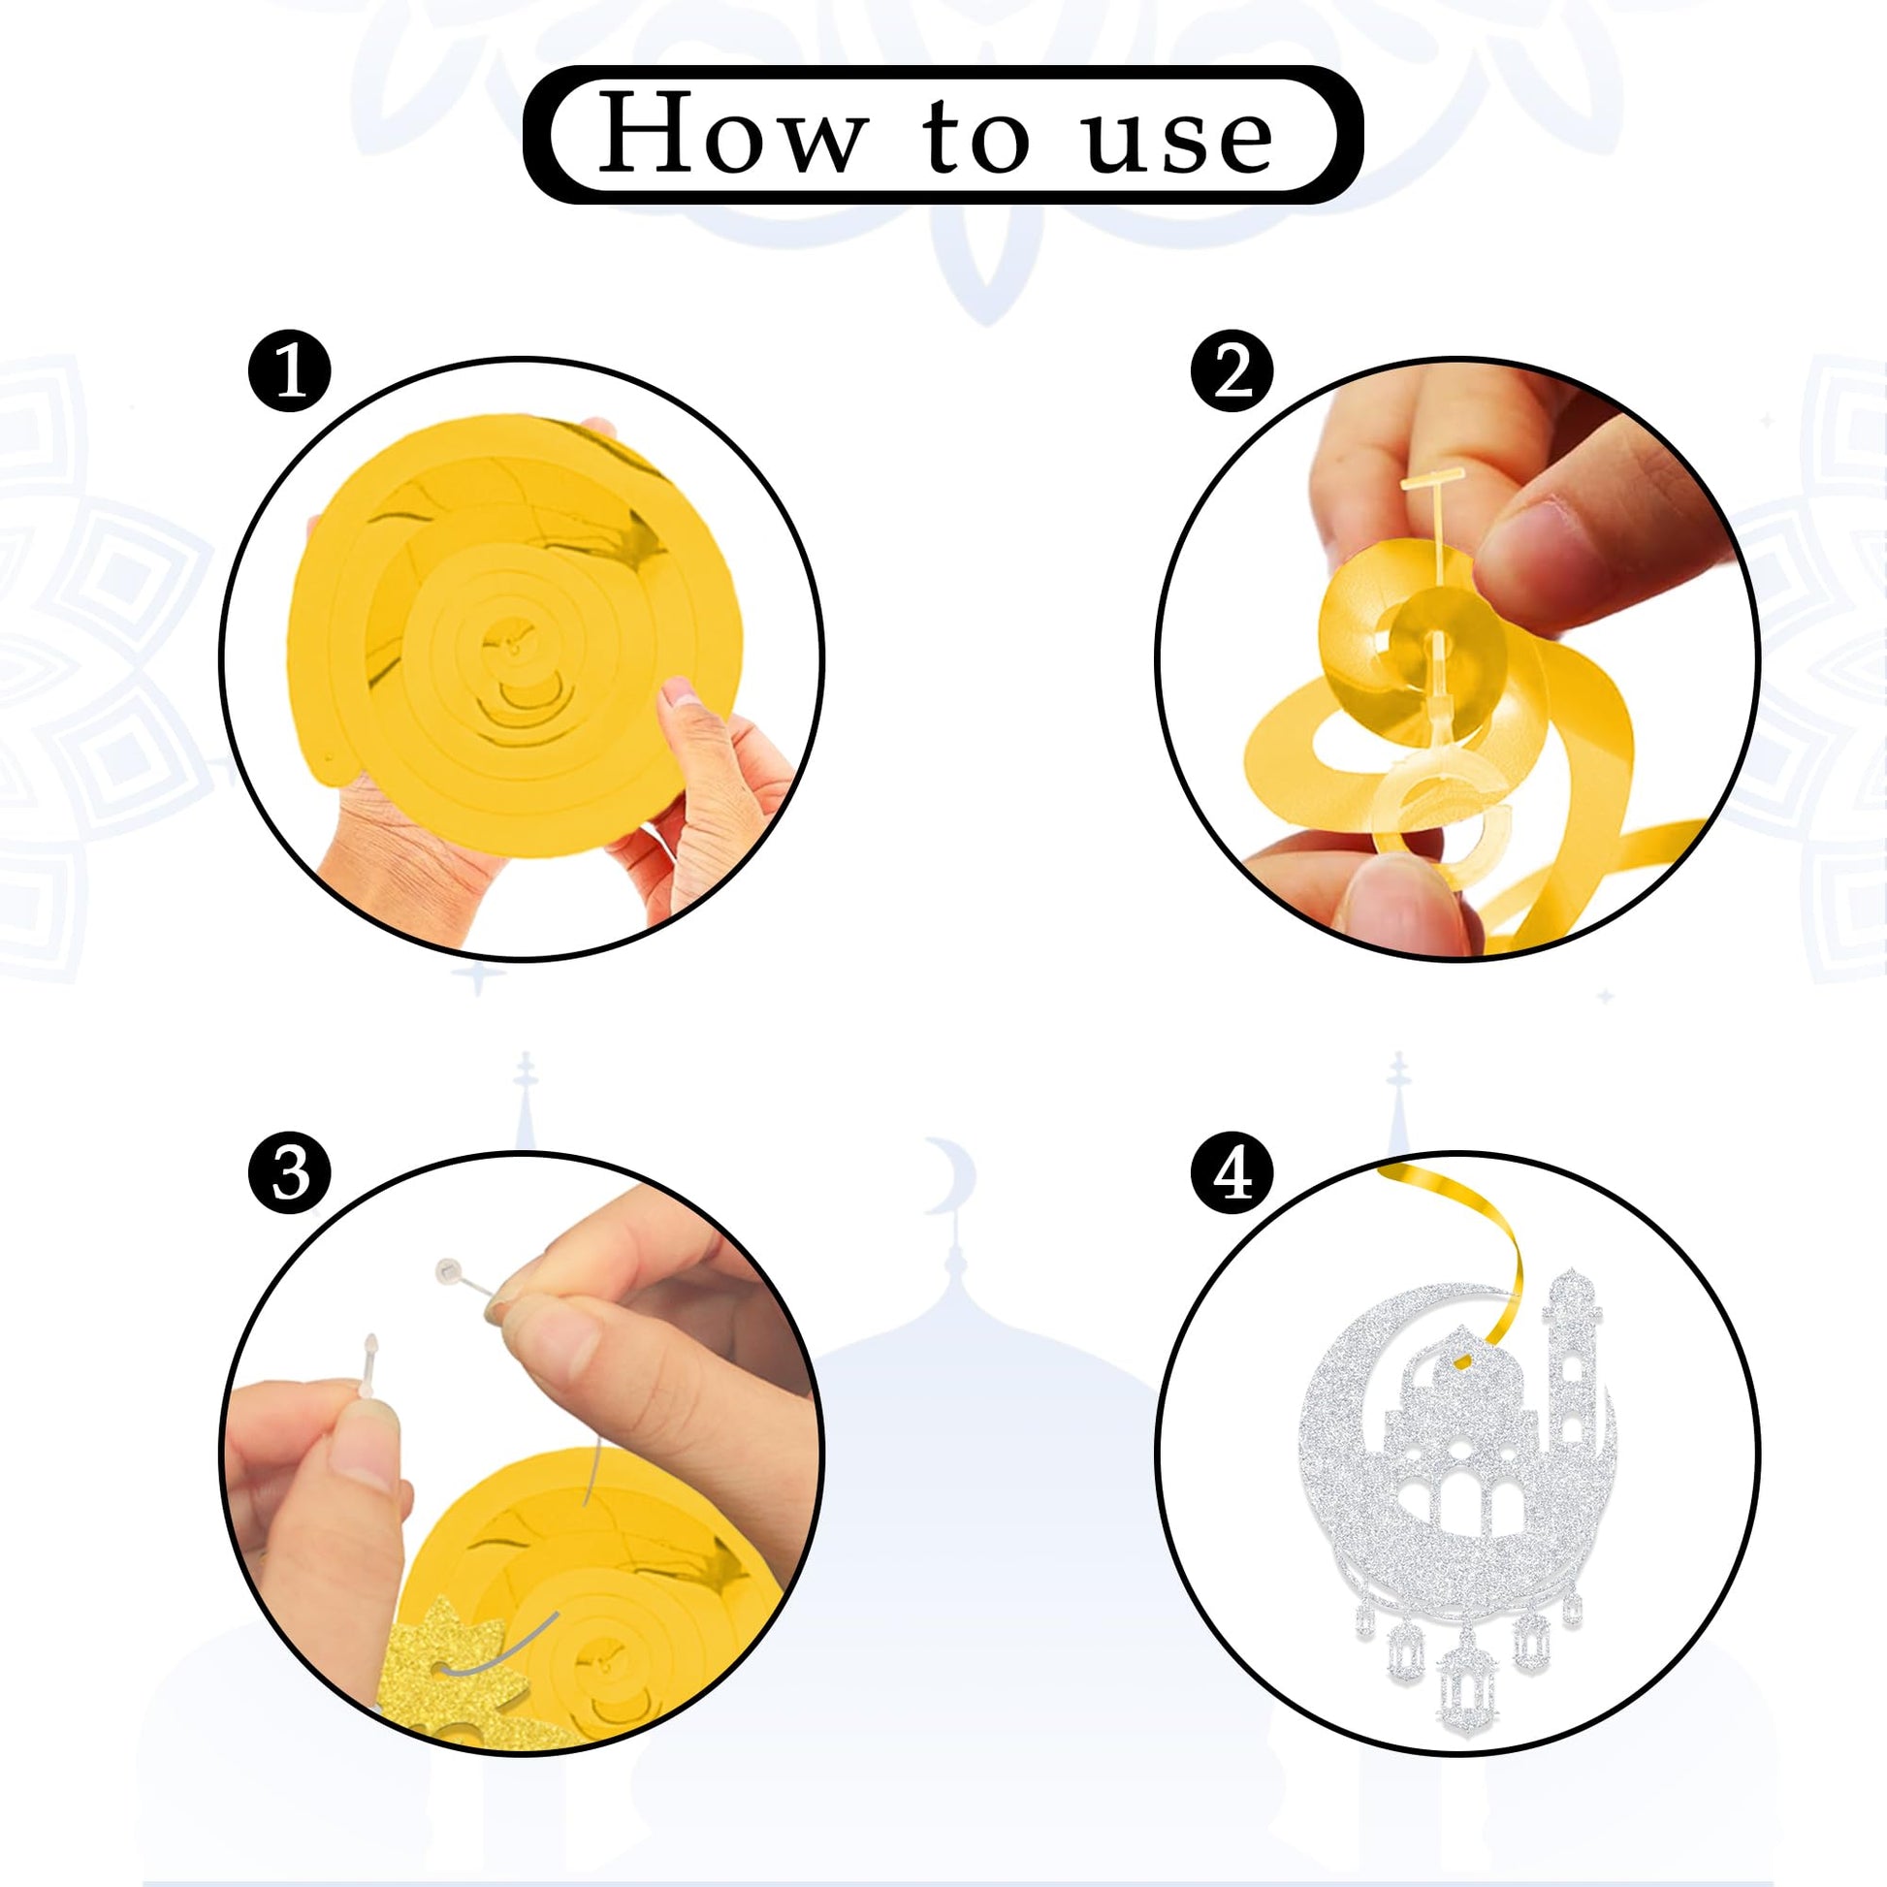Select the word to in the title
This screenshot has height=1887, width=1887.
pyautogui.click(x=975, y=137)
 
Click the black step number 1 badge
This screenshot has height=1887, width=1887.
pyautogui.click(x=290, y=372)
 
